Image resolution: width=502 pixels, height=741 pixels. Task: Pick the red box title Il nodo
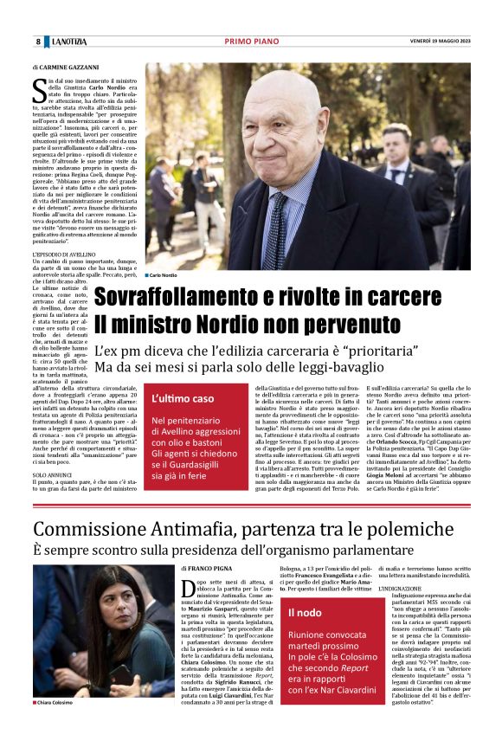305,613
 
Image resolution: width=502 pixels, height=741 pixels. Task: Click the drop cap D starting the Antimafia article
188,590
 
